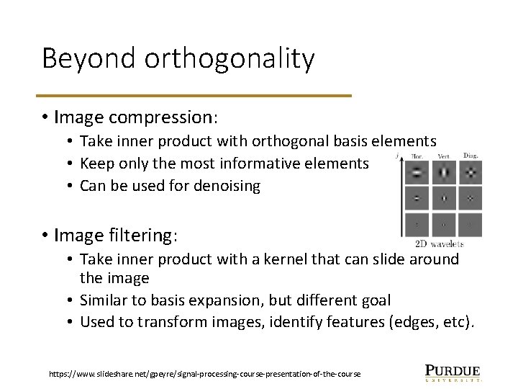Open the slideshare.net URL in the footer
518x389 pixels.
(x=205, y=374)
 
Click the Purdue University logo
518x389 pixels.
(x=453, y=372)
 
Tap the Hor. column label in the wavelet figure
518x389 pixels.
(x=417, y=155)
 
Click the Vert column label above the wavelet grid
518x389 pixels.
(x=444, y=155)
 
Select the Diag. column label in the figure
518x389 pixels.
(x=471, y=155)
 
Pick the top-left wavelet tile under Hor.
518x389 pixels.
(x=417, y=172)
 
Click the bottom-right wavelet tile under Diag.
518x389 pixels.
(x=470, y=223)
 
